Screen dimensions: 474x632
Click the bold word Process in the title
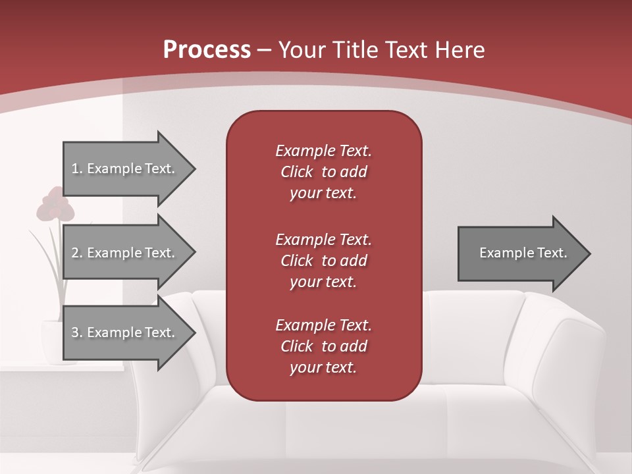pyautogui.click(x=207, y=50)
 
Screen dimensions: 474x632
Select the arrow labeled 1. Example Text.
pyautogui.click(x=125, y=169)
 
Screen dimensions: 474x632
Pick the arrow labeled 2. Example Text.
pyautogui.click(x=125, y=253)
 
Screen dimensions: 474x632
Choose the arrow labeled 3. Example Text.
pyautogui.click(x=125, y=332)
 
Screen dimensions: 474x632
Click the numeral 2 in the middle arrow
pyautogui.click(x=75, y=253)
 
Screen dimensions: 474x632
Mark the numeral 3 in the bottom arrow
pyautogui.click(x=75, y=332)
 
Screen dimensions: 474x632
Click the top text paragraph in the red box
pyautogui.click(x=323, y=172)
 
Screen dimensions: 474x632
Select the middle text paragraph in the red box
pyautogui.click(x=323, y=261)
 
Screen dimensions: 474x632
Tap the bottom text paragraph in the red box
pyautogui.click(x=323, y=346)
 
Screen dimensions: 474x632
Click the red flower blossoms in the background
pyautogui.click(x=55, y=205)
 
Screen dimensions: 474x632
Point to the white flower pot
pyautogui.click(x=51, y=341)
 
